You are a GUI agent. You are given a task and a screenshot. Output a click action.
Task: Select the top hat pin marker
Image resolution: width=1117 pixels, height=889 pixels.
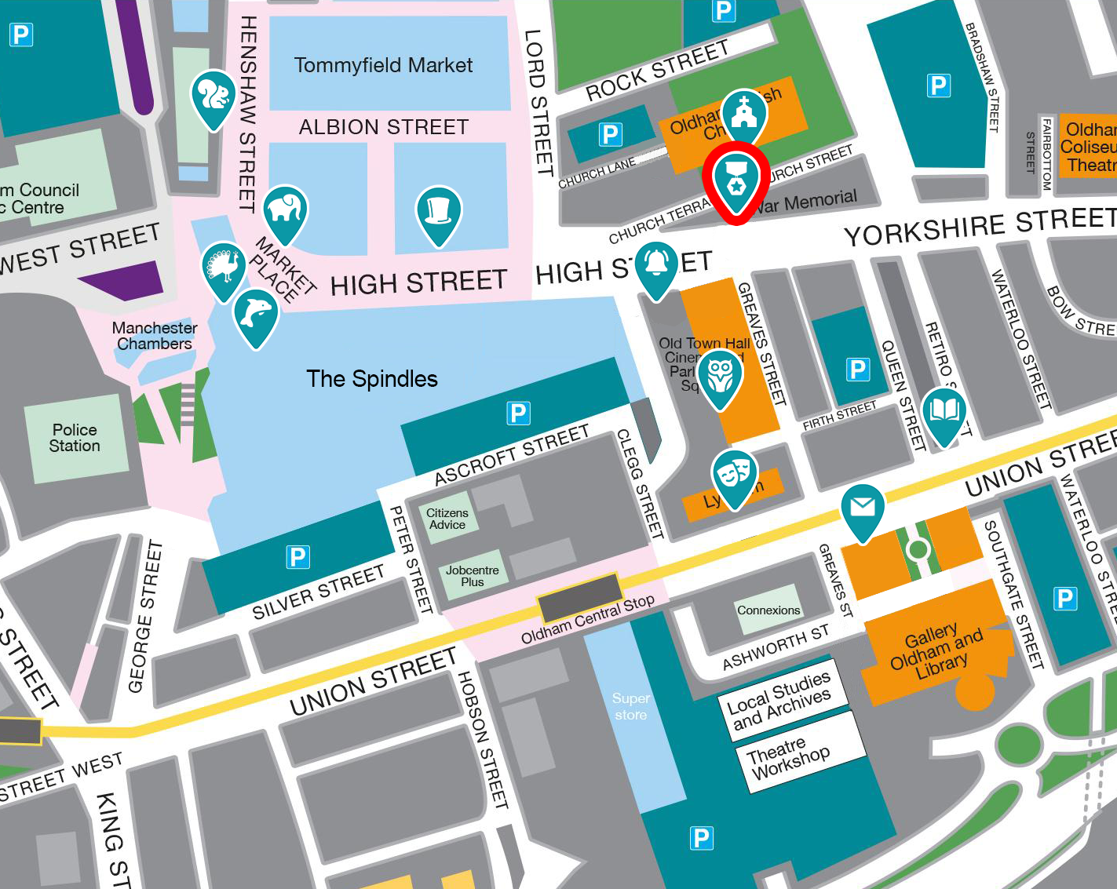pyautogui.click(x=438, y=212)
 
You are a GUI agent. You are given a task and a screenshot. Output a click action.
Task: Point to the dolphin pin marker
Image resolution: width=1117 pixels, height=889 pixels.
pyautogui.click(x=256, y=315)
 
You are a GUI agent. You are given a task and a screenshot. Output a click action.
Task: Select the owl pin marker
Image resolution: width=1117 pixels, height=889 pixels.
pyautogui.click(x=720, y=376)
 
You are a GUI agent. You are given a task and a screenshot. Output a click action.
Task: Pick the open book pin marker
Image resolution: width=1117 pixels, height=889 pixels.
pyautogui.click(x=944, y=412)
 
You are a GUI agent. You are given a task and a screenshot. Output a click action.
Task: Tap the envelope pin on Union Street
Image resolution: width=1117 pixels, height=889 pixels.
pyautogui.click(x=863, y=509)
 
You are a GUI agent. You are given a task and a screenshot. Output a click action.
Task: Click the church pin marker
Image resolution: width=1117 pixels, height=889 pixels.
pyautogui.click(x=743, y=115)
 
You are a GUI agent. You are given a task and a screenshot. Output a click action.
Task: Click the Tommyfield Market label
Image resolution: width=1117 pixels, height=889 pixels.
pyautogui.click(x=383, y=65)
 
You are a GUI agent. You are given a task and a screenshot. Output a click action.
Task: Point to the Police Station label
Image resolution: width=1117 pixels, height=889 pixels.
pyautogui.click(x=75, y=438)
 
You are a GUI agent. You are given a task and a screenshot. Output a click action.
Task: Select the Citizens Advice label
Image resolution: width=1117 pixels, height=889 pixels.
pyautogui.click(x=447, y=519)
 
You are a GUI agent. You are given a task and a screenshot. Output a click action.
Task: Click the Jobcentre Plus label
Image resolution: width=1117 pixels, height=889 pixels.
pyautogui.click(x=472, y=576)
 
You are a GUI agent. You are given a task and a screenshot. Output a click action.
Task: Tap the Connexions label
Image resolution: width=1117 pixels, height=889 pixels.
pyautogui.click(x=768, y=610)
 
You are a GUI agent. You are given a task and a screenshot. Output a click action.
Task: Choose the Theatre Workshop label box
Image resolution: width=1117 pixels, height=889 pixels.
pyautogui.click(x=789, y=759)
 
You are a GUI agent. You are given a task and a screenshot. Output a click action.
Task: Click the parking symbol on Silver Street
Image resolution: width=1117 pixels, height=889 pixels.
pyautogui.click(x=298, y=557)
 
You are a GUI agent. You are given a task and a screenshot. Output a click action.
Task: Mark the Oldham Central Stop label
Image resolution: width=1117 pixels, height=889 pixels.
pyautogui.click(x=587, y=619)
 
